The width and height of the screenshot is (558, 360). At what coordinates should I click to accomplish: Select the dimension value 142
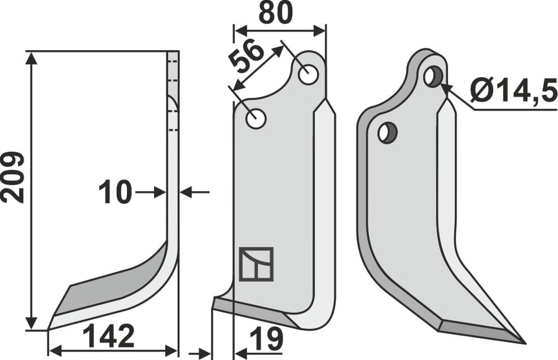[x=109, y=337]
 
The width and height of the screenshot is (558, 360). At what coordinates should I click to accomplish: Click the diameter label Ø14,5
[x=512, y=90]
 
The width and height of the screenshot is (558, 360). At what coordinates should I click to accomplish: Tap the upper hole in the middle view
[x=308, y=74]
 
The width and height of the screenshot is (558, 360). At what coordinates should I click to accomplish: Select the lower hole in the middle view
[x=256, y=119]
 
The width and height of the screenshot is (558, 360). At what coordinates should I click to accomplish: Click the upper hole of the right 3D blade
[x=433, y=76]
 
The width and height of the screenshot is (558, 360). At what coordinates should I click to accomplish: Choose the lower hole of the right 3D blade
[x=388, y=133]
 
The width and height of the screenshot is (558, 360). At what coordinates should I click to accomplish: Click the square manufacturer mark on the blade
[x=256, y=264]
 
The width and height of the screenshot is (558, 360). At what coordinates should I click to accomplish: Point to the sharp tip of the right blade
[x=524, y=342]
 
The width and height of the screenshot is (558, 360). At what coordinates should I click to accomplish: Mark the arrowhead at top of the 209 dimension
[x=32, y=56]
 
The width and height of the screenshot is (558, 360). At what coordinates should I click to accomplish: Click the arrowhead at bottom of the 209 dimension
[x=32, y=324]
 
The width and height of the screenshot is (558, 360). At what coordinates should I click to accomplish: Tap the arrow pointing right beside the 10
[x=159, y=192]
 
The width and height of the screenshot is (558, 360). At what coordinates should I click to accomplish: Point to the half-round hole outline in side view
[x=173, y=103]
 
